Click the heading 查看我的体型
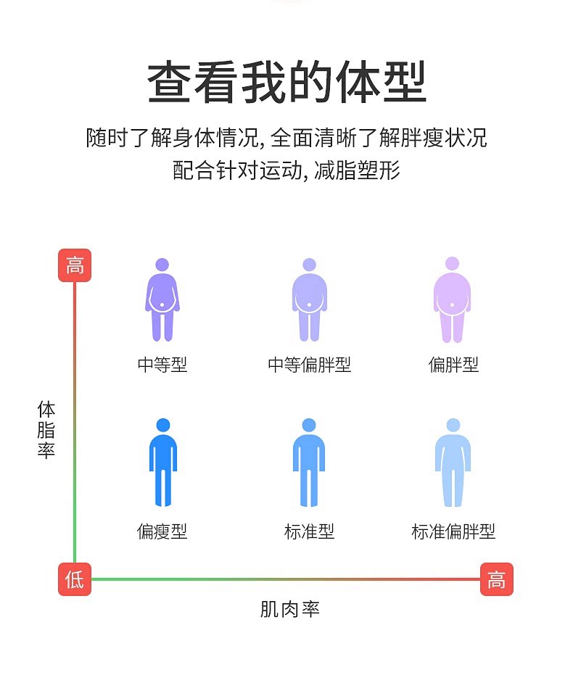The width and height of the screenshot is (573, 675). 286,82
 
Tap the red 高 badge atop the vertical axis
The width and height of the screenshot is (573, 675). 75,265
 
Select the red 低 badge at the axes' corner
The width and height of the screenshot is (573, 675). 75,579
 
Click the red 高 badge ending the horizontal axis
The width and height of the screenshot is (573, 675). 497,579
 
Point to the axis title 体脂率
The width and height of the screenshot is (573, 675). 46,430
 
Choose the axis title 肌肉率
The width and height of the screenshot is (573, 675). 289,609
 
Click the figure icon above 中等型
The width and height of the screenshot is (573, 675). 162,299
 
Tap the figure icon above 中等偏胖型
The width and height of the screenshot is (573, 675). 310,299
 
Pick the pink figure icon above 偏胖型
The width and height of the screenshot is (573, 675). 452,299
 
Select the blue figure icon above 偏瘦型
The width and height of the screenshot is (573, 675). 163,463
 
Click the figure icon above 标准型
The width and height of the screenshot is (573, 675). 309,463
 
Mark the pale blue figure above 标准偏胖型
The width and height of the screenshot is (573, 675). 453,463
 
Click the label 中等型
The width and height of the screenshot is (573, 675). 162,365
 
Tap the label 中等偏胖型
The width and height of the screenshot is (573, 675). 310,365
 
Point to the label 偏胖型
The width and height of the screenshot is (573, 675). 453,365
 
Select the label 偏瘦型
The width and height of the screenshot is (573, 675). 162,531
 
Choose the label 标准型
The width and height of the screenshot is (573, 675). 309,531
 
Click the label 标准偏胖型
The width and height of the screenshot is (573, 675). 453,531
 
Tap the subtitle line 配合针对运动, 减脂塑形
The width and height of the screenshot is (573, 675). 286,170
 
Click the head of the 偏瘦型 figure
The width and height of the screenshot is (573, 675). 163,425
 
